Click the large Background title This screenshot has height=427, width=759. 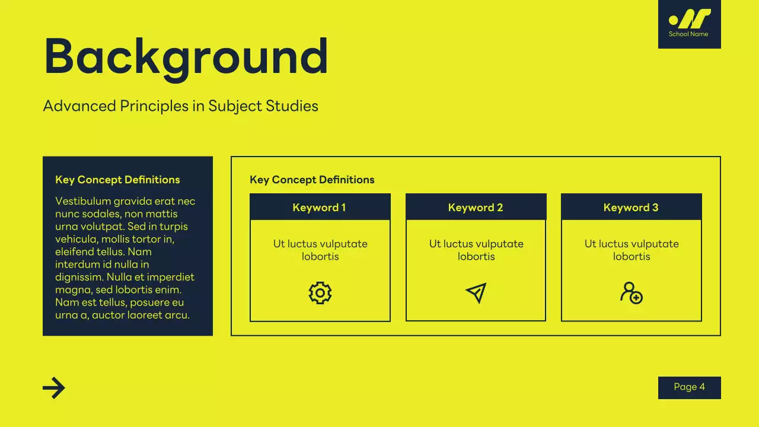186,58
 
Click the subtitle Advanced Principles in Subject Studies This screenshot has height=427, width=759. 180,106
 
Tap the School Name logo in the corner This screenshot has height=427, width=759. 689,24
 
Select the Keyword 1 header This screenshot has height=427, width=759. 320,208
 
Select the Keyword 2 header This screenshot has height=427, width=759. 476,208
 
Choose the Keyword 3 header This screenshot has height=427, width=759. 631,208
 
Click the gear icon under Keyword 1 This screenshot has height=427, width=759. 320,293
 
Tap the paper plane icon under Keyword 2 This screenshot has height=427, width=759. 476,293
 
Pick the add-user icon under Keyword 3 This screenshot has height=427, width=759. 631,293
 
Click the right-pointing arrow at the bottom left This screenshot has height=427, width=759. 54,388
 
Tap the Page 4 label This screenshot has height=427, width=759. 689,387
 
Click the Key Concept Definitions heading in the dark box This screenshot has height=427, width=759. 117,180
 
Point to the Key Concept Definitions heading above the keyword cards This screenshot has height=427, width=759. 312,180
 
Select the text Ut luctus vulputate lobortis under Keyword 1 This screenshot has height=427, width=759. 320,250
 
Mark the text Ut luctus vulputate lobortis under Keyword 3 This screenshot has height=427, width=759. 632,250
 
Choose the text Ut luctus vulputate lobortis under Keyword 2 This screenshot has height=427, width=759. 476,250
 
